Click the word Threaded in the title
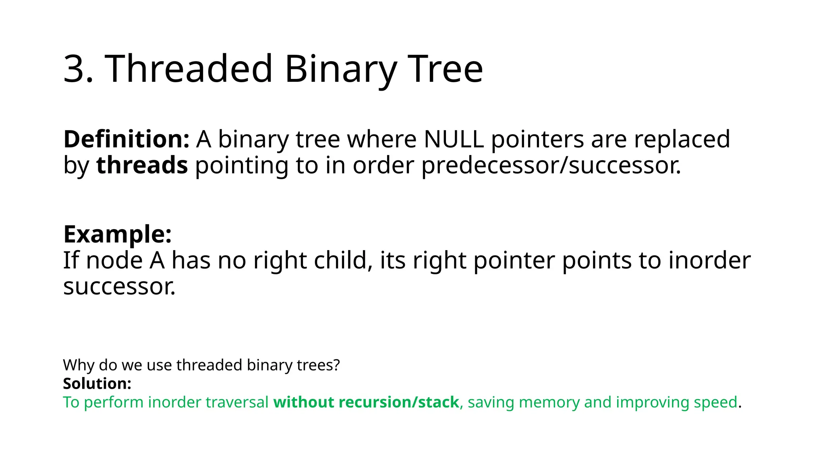[x=189, y=69]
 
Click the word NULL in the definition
[x=454, y=139]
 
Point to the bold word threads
[x=142, y=166]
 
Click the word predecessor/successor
[x=550, y=166]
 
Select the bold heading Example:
[x=117, y=234]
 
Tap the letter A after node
[x=157, y=261]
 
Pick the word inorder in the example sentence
[x=709, y=261]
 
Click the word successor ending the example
[x=119, y=287]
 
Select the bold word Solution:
[x=97, y=383]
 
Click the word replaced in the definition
[x=682, y=139]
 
